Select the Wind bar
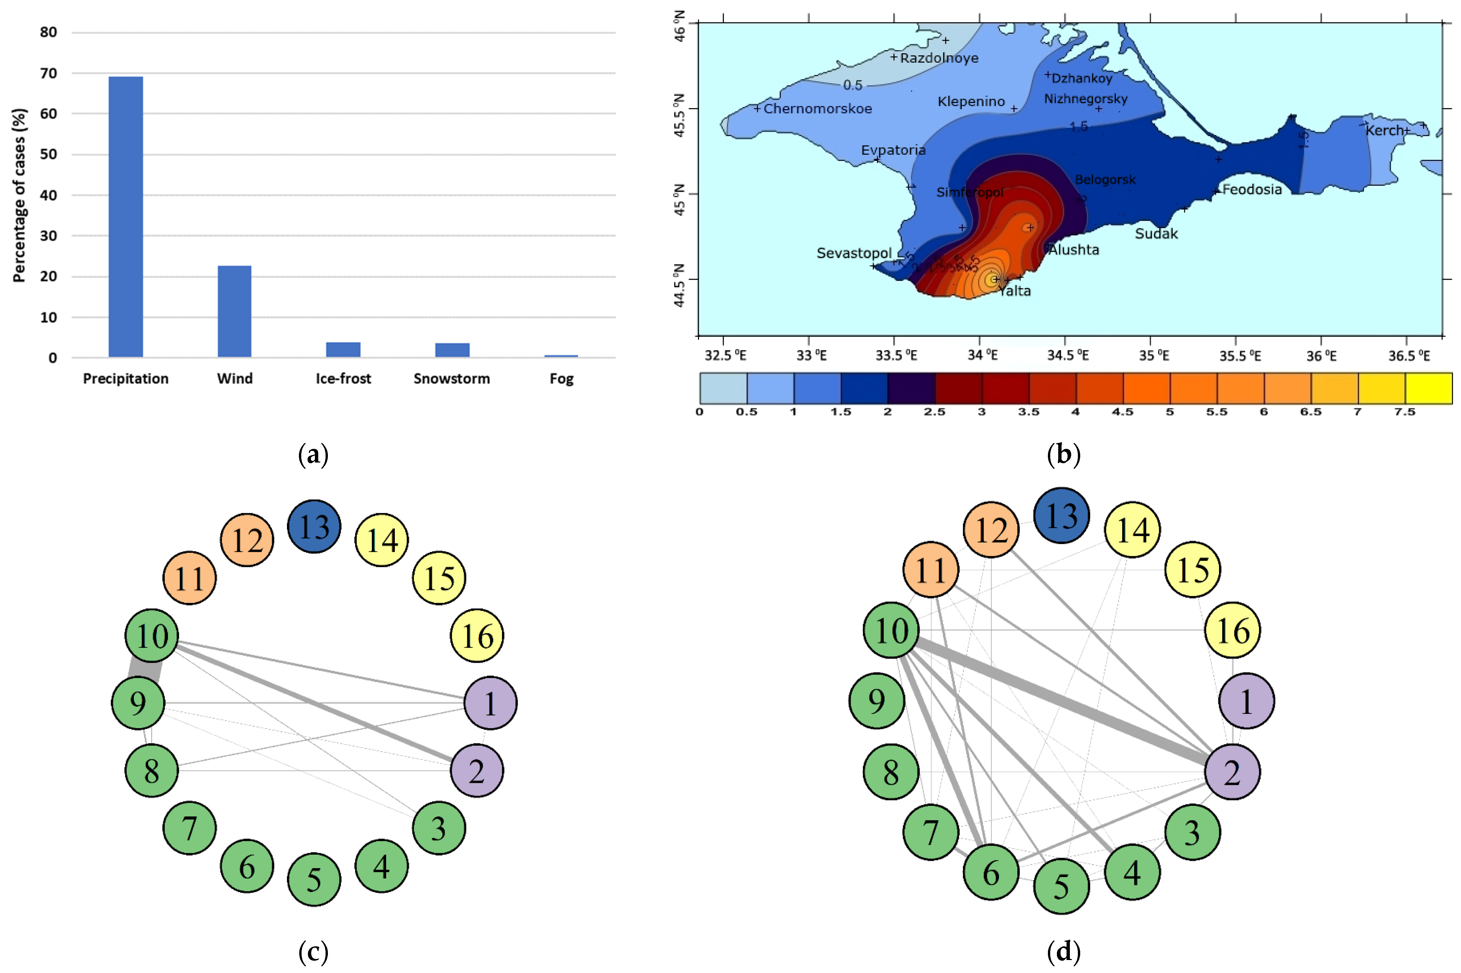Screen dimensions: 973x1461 [234, 311]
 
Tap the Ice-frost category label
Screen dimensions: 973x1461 [343, 379]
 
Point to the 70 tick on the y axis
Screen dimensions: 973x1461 [48, 73]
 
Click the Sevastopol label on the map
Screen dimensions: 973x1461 [853, 253]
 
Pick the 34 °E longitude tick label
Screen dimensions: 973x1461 [983, 356]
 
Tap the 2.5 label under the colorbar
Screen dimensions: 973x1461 [934, 412]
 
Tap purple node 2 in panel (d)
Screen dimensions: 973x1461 [1232, 772]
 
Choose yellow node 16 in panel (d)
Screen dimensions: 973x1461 [1232, 630]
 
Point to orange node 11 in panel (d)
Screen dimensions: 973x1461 [931, 570]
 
